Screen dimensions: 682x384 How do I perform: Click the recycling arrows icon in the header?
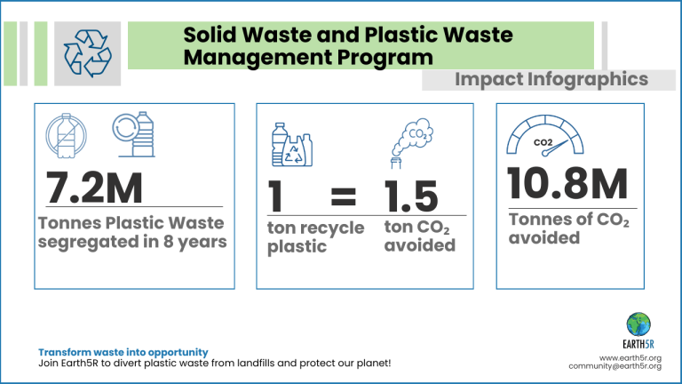(87, 53)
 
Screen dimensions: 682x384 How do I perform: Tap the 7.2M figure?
(94, 188)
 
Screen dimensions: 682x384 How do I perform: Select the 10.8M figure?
(567, 184)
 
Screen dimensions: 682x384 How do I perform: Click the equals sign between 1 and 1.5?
(343, 196)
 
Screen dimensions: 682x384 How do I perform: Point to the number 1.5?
(410, 196)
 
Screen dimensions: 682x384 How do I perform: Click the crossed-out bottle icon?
(66, 135)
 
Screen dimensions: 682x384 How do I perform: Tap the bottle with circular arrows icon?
(133, 134)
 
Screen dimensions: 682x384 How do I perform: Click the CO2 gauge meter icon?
(545, 135)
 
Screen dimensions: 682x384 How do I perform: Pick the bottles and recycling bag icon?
(292, 145)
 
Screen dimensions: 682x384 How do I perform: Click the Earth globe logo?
(638, 324)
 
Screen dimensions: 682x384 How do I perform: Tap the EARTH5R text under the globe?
(638, 344)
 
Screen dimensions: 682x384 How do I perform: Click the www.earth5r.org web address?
(630, 358)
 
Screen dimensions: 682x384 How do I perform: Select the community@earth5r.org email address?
(615, 366)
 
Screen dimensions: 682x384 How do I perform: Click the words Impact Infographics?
(551, 79)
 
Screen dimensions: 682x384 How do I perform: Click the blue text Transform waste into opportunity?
(123, 352)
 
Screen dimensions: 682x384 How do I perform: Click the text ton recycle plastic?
(315, 237)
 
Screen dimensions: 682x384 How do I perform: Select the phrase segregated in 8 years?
(132, 242)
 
